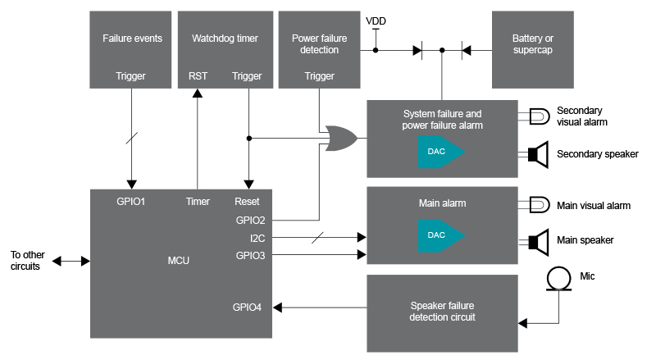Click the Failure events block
click(132, 50)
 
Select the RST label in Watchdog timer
click(198, 76)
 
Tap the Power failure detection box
click(319, 50)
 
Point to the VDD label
click(376, 21)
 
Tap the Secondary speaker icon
click(538, 153)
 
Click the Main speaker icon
click(538, 240)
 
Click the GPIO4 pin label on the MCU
click(247, 308)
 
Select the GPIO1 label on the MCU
click(131, 202)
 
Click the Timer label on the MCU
click(198, 202)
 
